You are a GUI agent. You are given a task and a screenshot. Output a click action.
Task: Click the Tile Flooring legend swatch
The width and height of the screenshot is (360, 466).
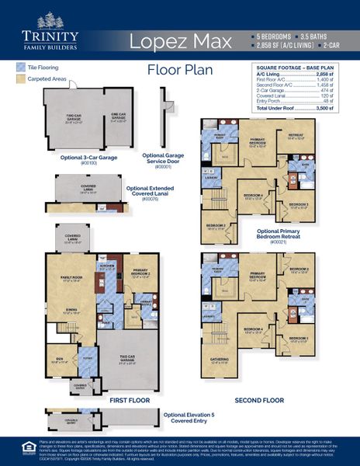pos(20,68)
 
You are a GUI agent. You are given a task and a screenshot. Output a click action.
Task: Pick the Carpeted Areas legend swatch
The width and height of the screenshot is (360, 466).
pos(20,79)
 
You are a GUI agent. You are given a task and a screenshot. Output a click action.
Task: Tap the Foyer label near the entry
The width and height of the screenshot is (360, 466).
pos(88,338)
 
